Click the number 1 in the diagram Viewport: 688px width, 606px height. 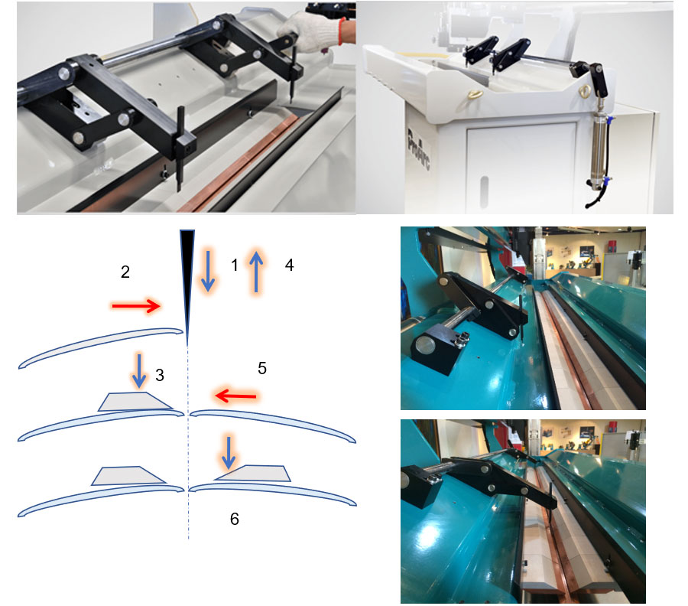(x=235, y=265)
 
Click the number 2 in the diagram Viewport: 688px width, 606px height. (x=125, y=272)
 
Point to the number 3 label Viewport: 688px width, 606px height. (x=160, y=375)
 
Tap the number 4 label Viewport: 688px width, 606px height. (x=289, y=265)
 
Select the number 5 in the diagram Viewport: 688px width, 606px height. (x=262, y=368)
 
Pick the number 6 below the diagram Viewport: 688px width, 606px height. (x=235, y=519)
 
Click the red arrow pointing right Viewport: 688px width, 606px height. (x=136, y=305)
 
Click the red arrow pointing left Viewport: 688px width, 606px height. (x=235, y=396)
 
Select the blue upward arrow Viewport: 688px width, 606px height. (x=256, y=271)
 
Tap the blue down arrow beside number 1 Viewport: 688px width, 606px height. (x=208, y=271)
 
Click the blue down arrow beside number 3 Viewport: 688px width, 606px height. (x=140, y=370)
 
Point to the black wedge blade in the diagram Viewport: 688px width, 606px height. (x=187, y=281)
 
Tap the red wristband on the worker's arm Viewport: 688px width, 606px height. (x=342, y=31)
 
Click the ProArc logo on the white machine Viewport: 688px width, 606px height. (x=419, y=150)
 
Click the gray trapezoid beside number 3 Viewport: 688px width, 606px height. (x=135, y=402)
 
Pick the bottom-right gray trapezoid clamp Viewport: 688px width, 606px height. (x=252, y=473)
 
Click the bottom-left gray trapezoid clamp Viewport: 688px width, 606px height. (x=128, y=476)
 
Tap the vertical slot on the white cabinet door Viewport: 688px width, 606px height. (x=484, y=191)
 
